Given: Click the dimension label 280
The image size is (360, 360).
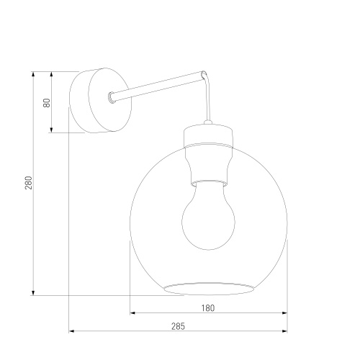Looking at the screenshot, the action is (29, 183).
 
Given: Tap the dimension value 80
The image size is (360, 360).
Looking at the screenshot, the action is (47, 103).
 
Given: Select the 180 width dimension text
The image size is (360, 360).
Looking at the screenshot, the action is (208, 308).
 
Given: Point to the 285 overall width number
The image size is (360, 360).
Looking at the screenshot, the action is (178, 326).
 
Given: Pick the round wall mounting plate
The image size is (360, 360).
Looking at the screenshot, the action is (100, 100).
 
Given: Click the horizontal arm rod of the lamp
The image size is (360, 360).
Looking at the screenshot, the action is (157, 86).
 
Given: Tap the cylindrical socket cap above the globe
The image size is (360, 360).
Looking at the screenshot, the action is (208, 135).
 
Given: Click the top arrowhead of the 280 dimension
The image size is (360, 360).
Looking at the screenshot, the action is (33, 74).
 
